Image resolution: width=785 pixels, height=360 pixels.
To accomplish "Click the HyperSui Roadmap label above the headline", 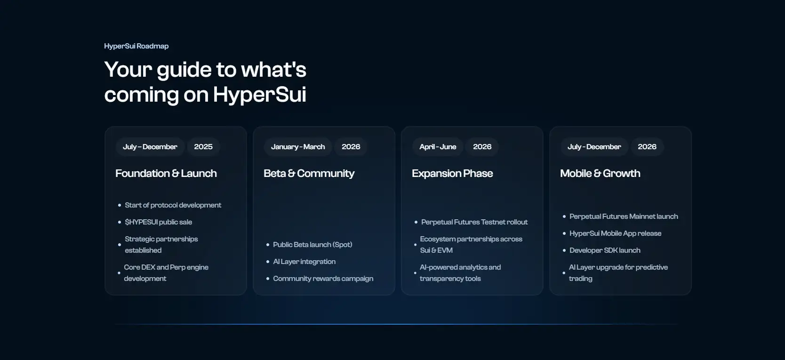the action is pos(136,46).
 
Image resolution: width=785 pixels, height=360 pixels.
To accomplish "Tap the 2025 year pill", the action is pos(203,146).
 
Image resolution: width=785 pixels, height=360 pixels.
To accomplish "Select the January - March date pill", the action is pos(298,146).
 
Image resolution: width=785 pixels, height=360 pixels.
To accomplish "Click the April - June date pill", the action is pos(438,146).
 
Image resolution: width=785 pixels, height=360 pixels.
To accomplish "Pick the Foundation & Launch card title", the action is pos(166,173).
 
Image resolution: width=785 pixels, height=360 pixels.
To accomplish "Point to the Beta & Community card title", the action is pos(309,173).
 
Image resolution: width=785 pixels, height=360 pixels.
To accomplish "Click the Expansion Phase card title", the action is pos(452,173).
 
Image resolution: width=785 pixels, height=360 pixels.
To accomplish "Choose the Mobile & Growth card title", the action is pos(600,173).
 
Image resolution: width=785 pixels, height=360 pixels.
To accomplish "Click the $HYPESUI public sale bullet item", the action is pos(159,222).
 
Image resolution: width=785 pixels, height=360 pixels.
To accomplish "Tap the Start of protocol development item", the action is pos(173,205).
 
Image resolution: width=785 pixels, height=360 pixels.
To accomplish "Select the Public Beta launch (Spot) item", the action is pos(312,244).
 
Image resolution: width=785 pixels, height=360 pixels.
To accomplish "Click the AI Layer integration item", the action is pos(304,262).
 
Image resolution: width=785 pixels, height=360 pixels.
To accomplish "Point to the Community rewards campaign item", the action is pos(323,278).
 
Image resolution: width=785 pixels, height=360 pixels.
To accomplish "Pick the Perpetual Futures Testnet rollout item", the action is pos(474,222).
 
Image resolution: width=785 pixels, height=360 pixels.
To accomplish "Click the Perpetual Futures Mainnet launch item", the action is pos(624,216).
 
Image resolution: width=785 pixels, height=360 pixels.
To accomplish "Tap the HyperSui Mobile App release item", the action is pos(616,233).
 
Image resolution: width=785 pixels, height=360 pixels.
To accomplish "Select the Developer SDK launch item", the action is pos(605,250).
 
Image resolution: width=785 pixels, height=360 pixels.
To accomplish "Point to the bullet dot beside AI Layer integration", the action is pos(268,262).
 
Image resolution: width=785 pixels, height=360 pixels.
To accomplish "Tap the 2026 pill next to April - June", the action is pos(482,146).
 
